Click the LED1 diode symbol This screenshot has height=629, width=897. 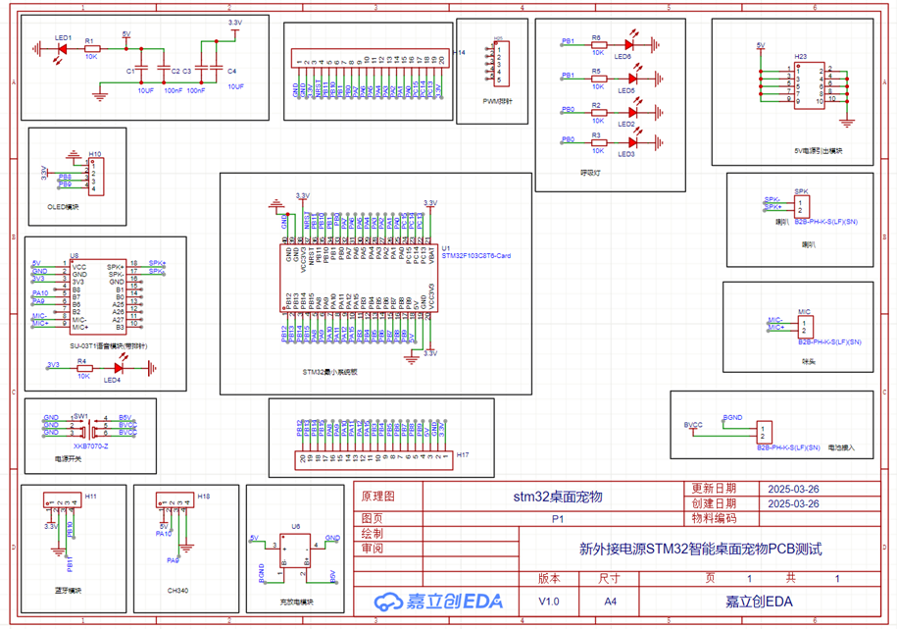(x=62, y=47)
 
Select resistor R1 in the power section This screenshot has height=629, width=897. (x=90, y=47)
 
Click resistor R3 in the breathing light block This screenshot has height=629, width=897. (x=597, y=141)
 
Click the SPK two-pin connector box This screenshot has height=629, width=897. (x=802, y=206)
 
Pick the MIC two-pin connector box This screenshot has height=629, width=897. (x=804, y=325)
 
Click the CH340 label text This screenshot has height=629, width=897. (x=177, y=591)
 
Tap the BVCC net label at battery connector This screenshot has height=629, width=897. (x=693, y=425)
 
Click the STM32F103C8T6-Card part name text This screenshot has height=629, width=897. (x=476, y=255)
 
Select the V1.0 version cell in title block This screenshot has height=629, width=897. (x=550, y=601)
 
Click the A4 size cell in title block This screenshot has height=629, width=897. (x=610, y=601)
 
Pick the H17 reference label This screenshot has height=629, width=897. (x=462, y=455)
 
